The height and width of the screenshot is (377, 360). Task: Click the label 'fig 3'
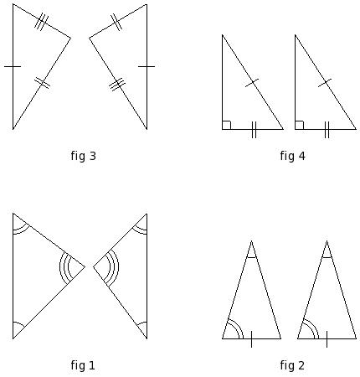point(83,156)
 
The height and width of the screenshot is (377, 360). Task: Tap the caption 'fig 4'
point(292,156)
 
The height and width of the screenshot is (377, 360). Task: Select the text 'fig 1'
point(83,365)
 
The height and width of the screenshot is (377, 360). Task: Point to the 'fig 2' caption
point(292,365)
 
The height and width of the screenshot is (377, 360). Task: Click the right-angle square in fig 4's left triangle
point(227,125)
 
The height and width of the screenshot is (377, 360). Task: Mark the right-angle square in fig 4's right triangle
point(300,125)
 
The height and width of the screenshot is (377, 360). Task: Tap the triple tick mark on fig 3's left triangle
point(41,22)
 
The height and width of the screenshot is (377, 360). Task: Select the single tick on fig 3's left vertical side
point(13,66)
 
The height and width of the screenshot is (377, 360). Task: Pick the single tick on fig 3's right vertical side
point(147,66)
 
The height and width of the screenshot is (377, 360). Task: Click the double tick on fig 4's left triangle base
point(254,130)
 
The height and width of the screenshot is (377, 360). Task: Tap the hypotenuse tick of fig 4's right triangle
point(325,83)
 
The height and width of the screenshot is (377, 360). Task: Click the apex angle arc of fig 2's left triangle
point(251,257)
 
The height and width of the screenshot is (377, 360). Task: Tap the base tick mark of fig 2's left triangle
point(251,339)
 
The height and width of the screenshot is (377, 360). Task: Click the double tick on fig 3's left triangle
point(42,83)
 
